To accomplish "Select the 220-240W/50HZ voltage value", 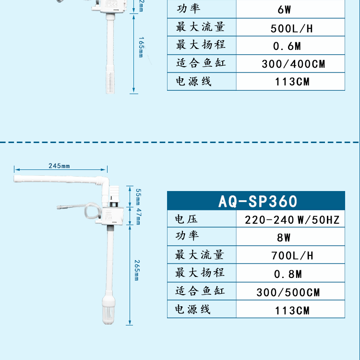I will [x=292, y=220].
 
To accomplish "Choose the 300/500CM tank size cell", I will [x=291, y=292].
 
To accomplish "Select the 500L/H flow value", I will [x=291, y=28].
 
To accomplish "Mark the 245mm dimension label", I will [x=59, y=166].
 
